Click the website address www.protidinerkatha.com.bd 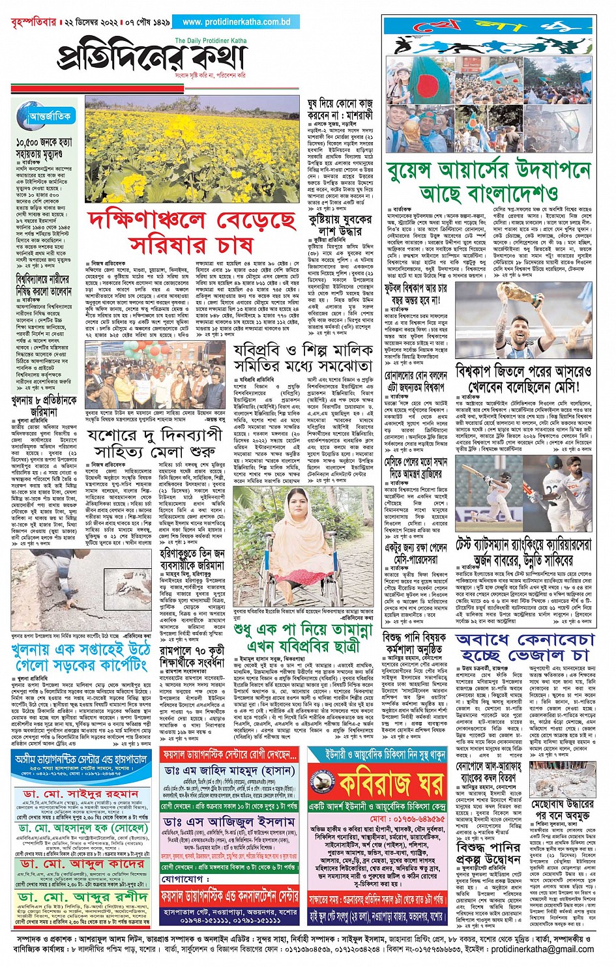236,22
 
